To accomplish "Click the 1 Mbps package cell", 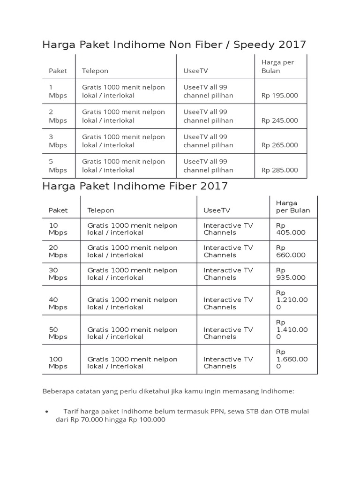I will tap(58, 91).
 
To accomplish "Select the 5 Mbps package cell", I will tap(58, 165).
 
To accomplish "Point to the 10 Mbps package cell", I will tap(58, 229).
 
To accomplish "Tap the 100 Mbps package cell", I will tap(58, 362).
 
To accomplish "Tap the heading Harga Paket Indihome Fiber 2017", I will tap(135, 186).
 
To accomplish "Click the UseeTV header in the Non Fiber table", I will tap(195, 71).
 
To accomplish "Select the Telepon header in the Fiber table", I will tap(101, 210).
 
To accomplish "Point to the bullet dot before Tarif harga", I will tap(47, 412).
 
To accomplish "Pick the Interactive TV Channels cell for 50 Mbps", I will tap(228, 333).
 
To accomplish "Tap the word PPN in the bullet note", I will tap(216, 411).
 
